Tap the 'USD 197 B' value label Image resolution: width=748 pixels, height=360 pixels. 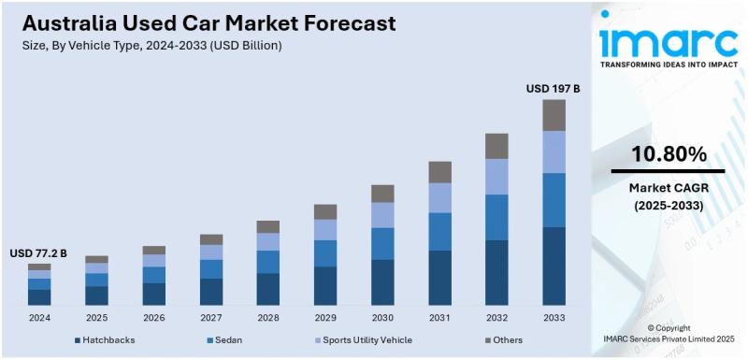(x=554, y=89)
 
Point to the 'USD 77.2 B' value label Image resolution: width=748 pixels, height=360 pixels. (x=38, y=253)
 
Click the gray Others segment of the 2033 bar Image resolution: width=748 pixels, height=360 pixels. (x=554, y=115)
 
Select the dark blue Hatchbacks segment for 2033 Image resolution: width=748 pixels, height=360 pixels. (x=554, y=266)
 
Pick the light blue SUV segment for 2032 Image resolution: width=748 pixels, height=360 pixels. (x=496, y=176)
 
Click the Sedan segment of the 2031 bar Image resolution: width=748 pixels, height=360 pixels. (x=439, y=231)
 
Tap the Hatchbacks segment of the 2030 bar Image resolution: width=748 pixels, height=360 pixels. (x=382, y=281)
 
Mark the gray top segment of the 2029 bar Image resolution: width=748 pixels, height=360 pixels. (x=325, y=211)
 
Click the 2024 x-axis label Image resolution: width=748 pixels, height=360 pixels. (x=39, y=318)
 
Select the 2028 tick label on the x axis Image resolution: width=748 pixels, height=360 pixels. (x=268, y=318)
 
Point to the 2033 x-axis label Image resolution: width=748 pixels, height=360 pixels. (x=554, y=318)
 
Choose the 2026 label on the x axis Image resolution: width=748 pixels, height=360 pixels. (x=153, y=318)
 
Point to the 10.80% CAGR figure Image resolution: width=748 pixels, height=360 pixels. (x=669, y=154)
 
